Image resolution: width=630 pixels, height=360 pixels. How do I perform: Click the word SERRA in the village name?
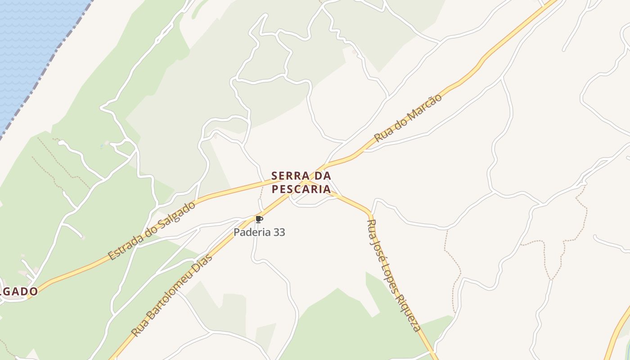pos(290,175)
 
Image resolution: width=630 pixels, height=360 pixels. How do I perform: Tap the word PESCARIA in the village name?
pos(301,189)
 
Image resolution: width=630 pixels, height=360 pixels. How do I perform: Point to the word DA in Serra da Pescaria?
pos(323,175)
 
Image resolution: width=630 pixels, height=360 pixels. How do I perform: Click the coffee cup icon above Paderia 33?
pos(259,220)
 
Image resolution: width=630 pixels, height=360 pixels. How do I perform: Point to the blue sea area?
pos(27,45)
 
